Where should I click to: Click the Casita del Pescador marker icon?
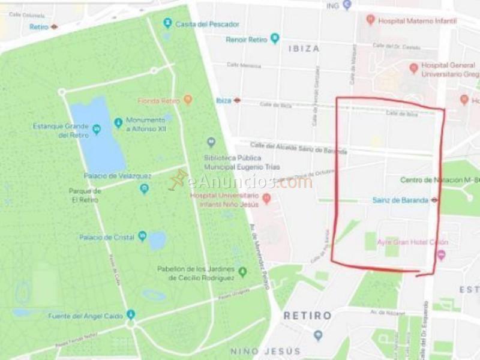point(168,23)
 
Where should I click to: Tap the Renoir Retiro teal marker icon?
point(275,39)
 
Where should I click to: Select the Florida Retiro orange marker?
point(188,100)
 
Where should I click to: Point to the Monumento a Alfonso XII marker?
point(118,122)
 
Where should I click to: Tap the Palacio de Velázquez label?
point(118,176)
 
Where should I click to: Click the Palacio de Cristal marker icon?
point(143,236)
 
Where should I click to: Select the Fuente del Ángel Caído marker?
point(131,314)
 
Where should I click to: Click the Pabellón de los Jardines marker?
point(242,272)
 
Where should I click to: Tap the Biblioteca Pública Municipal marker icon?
point(211,142)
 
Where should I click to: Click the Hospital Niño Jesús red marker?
point(267,198)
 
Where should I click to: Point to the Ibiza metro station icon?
point(237,100)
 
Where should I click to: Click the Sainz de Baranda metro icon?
point(434,200)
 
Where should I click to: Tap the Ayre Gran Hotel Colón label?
point(412,242)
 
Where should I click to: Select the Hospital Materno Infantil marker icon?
point(371,20)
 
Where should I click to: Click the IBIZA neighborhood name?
point(304,49)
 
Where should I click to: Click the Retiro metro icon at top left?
point(54,26)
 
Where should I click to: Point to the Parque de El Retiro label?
point(85,195)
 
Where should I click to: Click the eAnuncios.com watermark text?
point(249,182)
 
